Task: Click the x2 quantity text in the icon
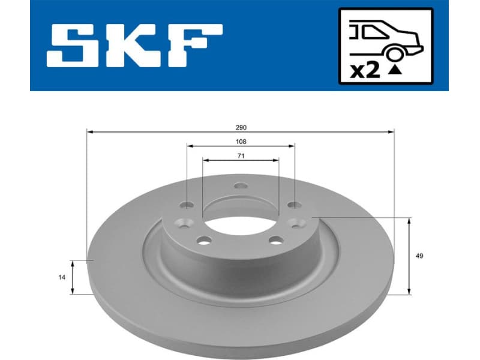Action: tap(365, 70)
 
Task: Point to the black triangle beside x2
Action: tap(395, 70)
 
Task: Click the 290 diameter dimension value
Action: tap(241, 128)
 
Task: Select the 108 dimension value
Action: tap(241, 142)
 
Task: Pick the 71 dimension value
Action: tap(241, 156)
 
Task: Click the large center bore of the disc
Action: tap(241, 221)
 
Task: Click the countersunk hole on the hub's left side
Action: tap(184, 224)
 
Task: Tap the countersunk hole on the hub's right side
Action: tap(297, 223)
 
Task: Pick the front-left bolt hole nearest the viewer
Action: tap(205, 241)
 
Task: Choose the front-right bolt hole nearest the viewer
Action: tap(275, 241)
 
